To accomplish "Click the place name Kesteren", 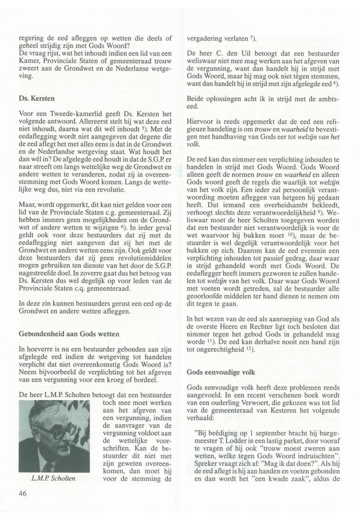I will [267, 408].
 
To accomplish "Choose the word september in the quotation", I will [265, 431].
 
